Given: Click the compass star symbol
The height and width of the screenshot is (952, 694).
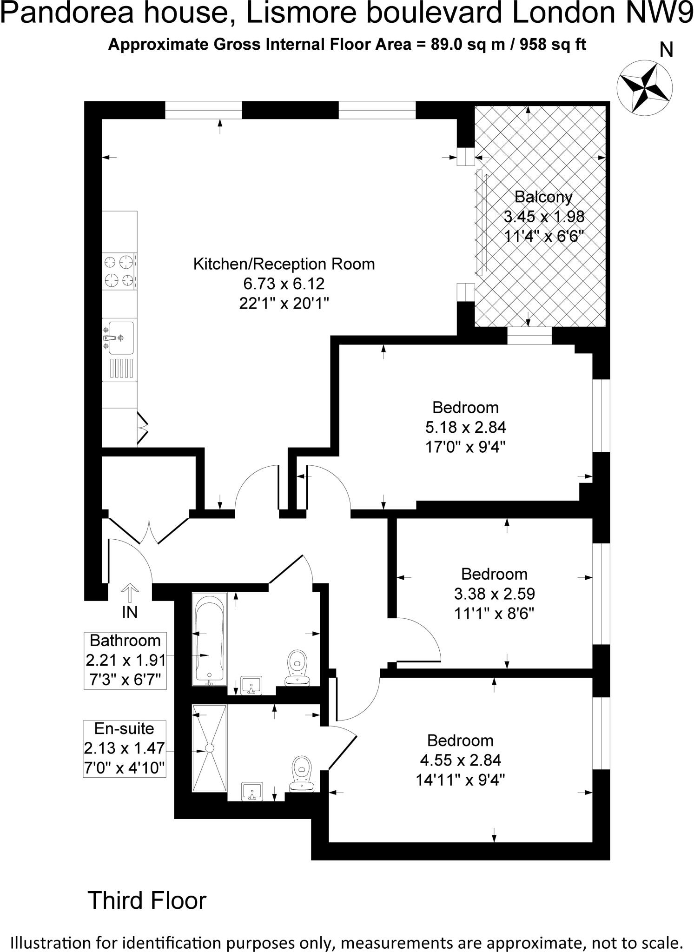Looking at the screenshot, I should point(644,86).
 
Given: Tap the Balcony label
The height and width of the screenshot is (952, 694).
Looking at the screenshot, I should point(543,197).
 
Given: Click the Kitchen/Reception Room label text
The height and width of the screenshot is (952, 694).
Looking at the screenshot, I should point(284,264).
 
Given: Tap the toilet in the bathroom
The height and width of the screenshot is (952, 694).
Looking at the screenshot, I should point(297,668).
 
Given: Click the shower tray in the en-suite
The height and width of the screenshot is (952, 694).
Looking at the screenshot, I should point(210,748).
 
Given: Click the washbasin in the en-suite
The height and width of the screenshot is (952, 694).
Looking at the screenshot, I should point(252,791).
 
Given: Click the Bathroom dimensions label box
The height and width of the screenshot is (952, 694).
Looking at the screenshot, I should point(125,661).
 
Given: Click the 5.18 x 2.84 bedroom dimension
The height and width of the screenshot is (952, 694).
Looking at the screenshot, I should point(465,427).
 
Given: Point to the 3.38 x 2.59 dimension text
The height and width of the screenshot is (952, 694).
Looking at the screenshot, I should point(494,594).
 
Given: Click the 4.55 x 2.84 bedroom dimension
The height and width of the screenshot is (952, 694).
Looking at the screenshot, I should point(460,760).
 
